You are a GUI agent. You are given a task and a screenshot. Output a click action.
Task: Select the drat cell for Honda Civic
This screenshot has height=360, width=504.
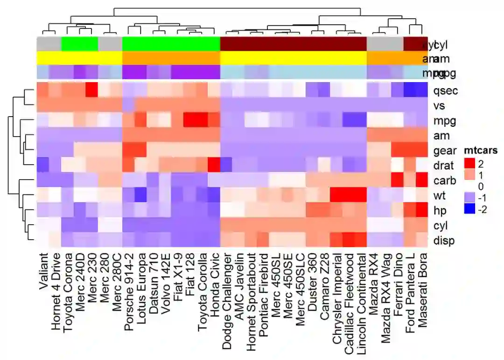tap(214, 165)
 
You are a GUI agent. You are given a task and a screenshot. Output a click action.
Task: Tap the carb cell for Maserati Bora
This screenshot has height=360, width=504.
tap(422, 180)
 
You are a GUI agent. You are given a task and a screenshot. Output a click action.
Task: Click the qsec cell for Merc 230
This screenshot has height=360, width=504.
tap(92, 90)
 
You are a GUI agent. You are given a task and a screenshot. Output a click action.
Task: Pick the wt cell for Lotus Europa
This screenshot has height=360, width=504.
tap(141, 195)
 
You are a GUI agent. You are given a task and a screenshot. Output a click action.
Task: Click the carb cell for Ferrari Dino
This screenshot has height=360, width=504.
tap(398, 180)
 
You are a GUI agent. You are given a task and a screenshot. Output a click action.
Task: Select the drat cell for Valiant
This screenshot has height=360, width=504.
tap(43, 165)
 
